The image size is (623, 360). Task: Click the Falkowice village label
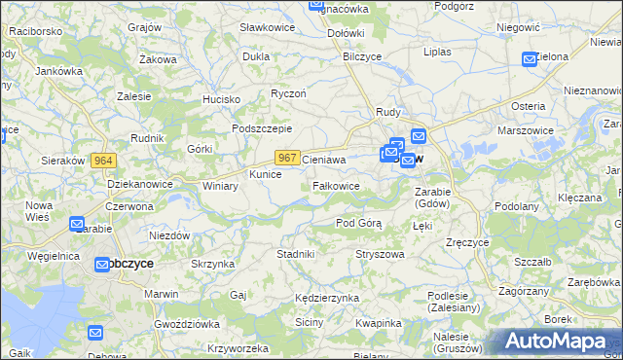[x=337, y=186]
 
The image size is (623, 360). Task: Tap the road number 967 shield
[x=286, y=157]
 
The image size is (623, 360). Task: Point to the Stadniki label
[x=295, y=254]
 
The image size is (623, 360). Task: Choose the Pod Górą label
[x=358, y=223]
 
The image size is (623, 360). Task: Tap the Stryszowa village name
[x=380, y=254]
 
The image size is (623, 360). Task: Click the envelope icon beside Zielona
[x=530, y=59]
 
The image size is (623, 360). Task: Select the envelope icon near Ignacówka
[x=316, y=5]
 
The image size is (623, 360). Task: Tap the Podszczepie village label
[x=262, y=128]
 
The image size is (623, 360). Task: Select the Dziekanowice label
[x=140, y=183]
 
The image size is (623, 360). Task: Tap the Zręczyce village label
[x=465, y=241]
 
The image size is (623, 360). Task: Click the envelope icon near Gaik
[x=94, y=333]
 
